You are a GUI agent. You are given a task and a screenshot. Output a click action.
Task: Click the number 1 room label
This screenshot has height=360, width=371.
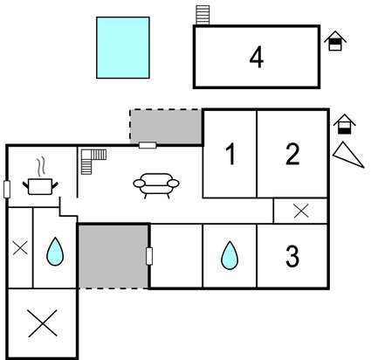[231, 155]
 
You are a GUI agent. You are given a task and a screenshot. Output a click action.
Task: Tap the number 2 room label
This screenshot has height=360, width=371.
[292, 154]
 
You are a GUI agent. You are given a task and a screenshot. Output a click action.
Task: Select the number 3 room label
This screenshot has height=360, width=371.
[292, 256]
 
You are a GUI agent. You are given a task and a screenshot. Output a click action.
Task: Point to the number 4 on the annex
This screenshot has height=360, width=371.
[257, 58]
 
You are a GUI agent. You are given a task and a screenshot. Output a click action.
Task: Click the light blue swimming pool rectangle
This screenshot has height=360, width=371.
[123, 48]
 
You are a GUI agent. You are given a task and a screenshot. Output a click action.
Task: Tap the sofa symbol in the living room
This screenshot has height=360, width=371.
[156, 185]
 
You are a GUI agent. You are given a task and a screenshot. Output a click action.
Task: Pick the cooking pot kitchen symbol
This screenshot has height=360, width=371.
[40, 186]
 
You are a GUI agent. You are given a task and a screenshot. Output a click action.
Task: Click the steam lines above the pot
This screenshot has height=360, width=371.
[41, 167]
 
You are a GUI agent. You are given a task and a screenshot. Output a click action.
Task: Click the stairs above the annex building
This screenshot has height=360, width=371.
[203, 15]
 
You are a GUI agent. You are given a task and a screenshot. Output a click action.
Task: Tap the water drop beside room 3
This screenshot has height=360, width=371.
[230, 255]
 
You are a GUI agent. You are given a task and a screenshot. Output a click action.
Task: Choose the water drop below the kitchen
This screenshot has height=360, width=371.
[55, 252]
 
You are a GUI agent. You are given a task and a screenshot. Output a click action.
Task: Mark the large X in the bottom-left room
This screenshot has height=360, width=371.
[43, 323]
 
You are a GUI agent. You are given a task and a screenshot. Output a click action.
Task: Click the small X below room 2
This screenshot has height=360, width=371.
[301, 211]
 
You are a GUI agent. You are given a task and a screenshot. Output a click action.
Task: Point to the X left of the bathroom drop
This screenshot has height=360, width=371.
[20, 248]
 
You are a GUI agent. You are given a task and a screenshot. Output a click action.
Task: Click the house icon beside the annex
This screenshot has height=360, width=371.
[335, 41]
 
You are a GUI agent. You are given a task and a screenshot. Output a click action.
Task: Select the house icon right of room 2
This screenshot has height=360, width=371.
[345, 124]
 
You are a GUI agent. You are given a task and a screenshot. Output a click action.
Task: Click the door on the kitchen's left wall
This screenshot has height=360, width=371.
[7, 190]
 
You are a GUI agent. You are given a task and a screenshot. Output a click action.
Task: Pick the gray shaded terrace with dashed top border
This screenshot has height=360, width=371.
[166, 127]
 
